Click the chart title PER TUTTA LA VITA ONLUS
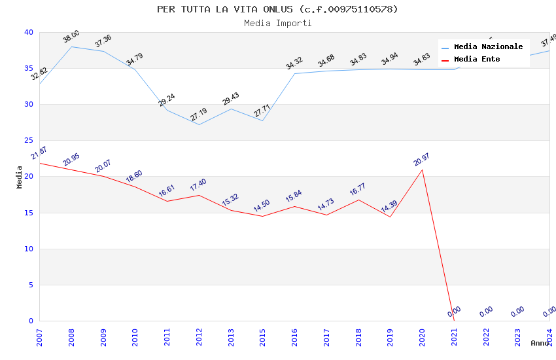coord(277,9)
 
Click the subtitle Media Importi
coord(277,23)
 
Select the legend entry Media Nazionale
coord(488,47)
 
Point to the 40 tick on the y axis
coord(28,32)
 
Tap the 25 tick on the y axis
coord(28,141)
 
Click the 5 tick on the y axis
coord(30,285)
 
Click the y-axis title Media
coord(20,177)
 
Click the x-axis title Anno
coord(540,343)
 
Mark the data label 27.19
coord(198,115)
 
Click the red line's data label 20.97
coord(421,159)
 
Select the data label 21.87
coord(39,153)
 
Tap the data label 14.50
coord(262,206)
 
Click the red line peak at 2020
coord(422,170)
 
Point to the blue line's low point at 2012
coord(199,124)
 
